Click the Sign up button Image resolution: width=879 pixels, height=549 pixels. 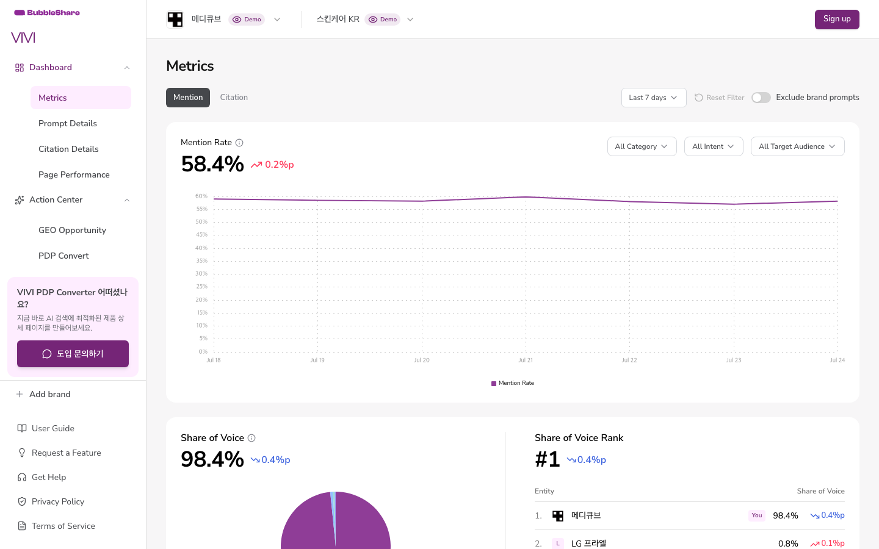837,20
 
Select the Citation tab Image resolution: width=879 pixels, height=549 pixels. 234,97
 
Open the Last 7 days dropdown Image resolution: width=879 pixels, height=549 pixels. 653,98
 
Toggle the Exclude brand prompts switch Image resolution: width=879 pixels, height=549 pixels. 761,98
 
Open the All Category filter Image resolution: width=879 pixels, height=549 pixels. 642,146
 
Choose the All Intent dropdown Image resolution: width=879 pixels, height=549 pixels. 714,146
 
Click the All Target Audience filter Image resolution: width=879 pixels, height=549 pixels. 797,146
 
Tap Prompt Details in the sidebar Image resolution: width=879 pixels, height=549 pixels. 68,123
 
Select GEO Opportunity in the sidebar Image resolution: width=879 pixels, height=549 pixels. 72,230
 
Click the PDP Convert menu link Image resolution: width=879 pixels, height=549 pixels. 63,256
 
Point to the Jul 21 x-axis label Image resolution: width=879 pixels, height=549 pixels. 526,360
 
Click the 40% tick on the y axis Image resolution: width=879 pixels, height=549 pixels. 201,248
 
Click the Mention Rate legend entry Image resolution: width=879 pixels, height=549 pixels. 513,383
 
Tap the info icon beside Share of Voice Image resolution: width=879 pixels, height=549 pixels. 251,438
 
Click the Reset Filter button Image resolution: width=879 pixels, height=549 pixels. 719,98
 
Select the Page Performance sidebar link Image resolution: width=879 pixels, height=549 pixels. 74,175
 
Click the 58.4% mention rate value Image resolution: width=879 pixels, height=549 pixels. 212,164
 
